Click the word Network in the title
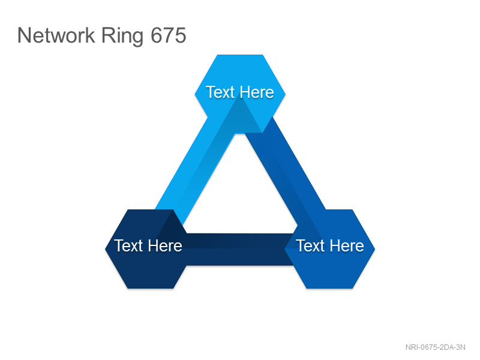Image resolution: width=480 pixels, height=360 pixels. point(56,35)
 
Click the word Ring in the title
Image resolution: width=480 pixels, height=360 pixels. point(122,37)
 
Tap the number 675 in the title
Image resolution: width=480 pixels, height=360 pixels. point(169,35)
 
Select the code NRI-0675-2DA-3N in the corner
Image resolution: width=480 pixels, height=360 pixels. point(436,347)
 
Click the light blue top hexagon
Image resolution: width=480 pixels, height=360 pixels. point(240,73)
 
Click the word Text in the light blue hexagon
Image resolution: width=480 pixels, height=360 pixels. point(220,92)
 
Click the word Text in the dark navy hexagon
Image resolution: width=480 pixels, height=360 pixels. point(128,246)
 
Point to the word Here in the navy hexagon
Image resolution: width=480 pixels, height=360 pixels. point(164,246)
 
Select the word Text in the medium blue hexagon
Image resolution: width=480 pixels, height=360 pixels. point(310,246)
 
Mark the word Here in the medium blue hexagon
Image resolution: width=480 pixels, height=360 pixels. point(347,246)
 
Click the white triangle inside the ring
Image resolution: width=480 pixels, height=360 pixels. point(240,199)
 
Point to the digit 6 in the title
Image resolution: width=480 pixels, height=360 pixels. point(157,35)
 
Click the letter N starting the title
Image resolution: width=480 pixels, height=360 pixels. point(24,35)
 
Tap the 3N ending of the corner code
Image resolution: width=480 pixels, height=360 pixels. point(461,347)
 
